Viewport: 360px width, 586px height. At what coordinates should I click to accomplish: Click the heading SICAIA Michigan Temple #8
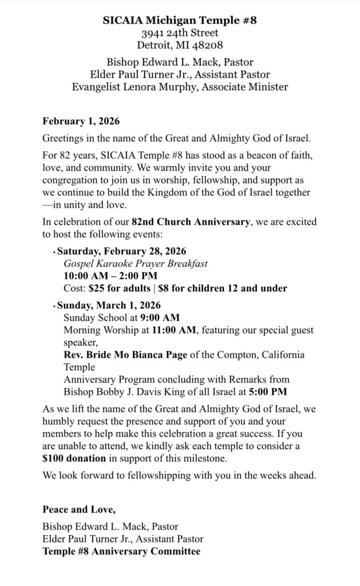click(180, 20)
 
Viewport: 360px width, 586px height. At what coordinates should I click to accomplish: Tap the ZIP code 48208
click(208, 45)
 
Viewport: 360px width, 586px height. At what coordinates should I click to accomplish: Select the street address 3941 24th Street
click(180, 33)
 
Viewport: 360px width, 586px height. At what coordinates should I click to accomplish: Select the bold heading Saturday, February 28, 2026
click(121, 251)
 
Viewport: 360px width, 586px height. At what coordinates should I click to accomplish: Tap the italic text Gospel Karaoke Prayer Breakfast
click(135, 263)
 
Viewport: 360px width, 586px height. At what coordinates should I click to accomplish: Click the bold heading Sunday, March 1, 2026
click(109, 305)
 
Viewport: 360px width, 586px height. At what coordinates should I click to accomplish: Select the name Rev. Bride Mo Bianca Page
click(125, 355)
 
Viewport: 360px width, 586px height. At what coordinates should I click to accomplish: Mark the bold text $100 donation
click(74, 458)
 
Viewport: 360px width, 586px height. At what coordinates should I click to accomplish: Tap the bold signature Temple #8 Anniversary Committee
click(121, 551)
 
